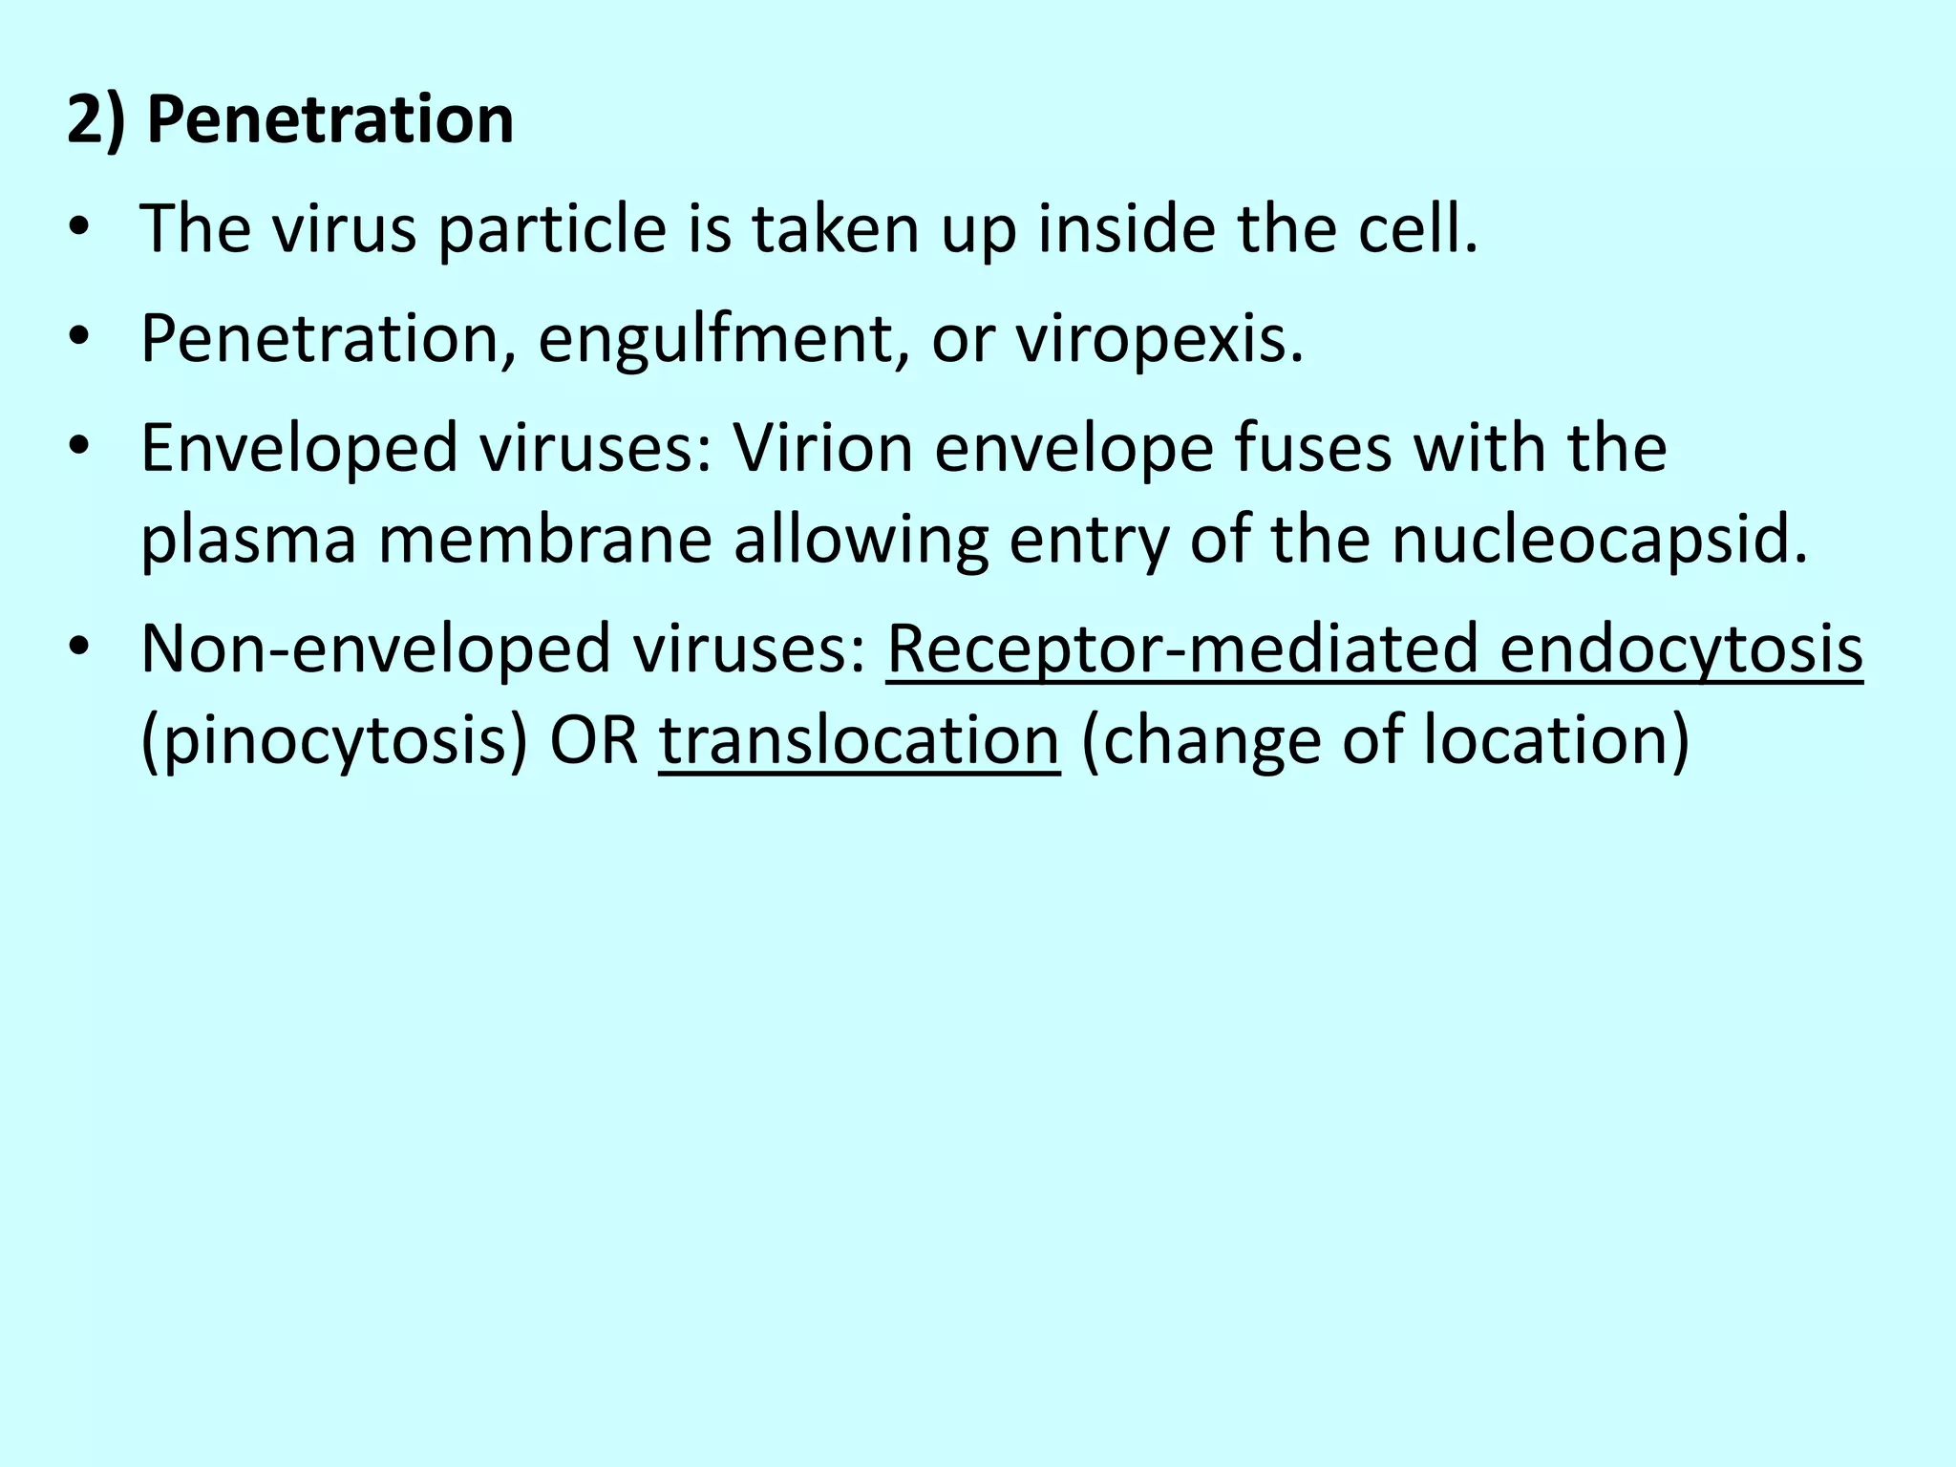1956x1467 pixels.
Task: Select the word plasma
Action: (x=248, y=541)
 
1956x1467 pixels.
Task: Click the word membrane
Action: (x=545, y=539)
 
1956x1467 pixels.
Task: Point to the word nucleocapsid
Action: (x=1600, y=541)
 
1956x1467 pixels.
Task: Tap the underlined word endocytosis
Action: (x=1681, y=648)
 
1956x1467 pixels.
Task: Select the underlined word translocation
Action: (x=859, y=740)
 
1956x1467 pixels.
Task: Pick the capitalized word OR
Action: (x=593, y=740)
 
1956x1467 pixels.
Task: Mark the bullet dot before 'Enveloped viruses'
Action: (x=79, y=448)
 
